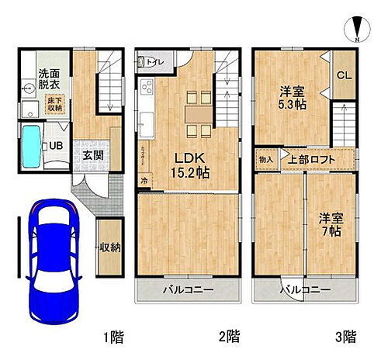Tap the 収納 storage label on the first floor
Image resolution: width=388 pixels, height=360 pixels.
(109, 247)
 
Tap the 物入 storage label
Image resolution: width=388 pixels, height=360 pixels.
(265, 160)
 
